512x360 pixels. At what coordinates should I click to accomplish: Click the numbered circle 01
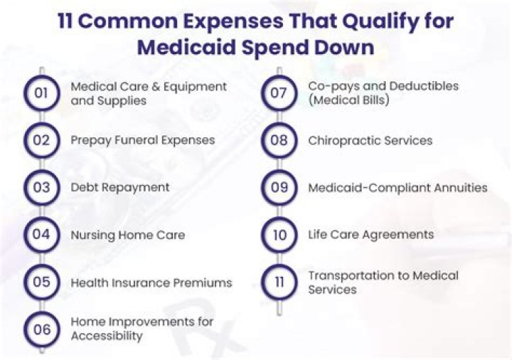tap(41, 93)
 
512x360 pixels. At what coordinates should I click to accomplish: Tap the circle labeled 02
tap(41, 140)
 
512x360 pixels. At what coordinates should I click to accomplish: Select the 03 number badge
tap(41, 188)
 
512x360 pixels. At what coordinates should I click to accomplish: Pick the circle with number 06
tap(41, 329)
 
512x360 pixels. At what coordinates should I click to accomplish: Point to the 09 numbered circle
tap(279, 188)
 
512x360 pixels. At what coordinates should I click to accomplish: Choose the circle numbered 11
tap(279, 282)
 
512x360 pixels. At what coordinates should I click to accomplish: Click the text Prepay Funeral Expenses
tap(142, 140)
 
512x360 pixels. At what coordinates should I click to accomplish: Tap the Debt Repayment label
tap(119, 188)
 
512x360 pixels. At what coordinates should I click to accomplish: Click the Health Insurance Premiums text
tap(151, 282)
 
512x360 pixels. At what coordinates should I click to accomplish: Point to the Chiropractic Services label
tap(370, 140)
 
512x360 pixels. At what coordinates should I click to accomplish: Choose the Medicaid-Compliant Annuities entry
tap(398, 188)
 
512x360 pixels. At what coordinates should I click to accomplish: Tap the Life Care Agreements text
tap(370, 235)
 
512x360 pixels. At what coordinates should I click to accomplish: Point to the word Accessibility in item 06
tap(107, 336)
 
